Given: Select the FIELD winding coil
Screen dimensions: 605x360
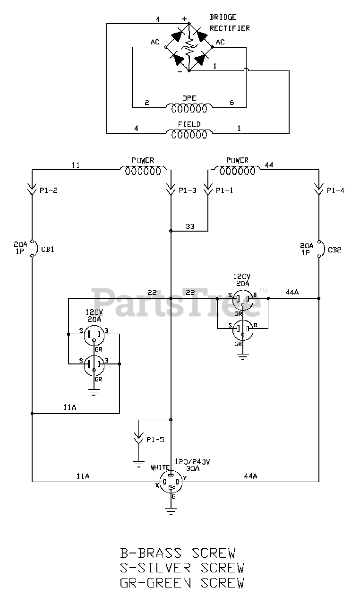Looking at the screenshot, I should coord(189,134).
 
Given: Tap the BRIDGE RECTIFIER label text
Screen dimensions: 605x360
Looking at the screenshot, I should coord(230,23).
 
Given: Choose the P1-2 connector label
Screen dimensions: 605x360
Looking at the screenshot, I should coord(49,191).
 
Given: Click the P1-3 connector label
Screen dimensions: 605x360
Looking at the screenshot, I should coord(187,191).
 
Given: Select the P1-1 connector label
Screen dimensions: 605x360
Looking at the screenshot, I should coord(224,191).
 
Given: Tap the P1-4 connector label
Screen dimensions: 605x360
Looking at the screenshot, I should coord(336,191).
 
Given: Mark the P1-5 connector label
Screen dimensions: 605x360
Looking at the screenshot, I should coord(155,439).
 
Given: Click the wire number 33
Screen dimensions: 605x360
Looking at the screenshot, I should coord(190,226).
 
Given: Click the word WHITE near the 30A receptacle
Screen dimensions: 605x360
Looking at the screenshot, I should coord(160,467).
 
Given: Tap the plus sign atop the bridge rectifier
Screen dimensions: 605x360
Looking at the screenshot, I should coord(184,19).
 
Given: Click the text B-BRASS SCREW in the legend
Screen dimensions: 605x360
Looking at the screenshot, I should coord(177,553).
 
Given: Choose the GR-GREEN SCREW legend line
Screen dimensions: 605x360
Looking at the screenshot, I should coord(182,583).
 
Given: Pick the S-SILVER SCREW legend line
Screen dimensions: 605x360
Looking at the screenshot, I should coord(182,568).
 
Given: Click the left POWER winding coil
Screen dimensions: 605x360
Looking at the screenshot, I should coord(143,171).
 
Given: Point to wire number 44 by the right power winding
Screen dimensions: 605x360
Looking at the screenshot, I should coord(269,165).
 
